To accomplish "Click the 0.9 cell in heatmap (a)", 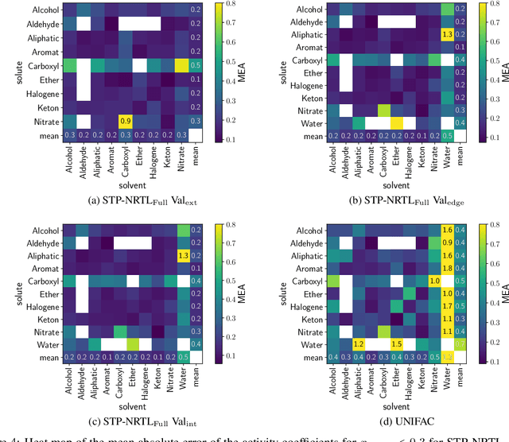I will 126,120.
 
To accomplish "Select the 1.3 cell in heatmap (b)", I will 446,35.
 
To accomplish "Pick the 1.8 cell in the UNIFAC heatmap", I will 446,269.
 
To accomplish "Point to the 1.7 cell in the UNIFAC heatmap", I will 446,305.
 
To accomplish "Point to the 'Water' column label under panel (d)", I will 446,378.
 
